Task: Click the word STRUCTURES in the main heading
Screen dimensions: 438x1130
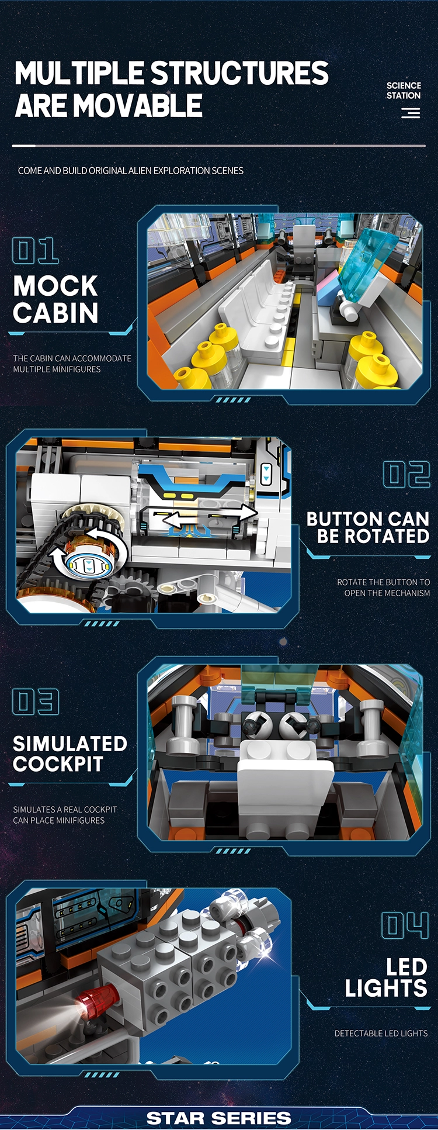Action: pyautogui.click(x=240, y=73)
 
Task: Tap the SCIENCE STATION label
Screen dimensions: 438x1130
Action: pyautogui.click(x=404, y=90)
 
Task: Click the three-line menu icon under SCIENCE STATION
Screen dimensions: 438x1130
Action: pyautogui.click(x=411, y=113)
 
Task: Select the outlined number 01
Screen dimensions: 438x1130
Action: pyautogui.click(x=35, y=251)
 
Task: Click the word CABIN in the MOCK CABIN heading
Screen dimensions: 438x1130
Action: pyautogui.click(x=55, y=313)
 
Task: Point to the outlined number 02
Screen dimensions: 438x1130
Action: pyautogui.click(x=406, y=474)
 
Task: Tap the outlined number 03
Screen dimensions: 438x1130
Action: pyautogui.click(x=36, y=702)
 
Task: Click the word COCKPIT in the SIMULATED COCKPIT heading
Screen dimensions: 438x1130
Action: pyautogui.click(x=58, y=764)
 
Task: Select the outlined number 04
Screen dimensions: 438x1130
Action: pyautogui.click(x=405, y=925)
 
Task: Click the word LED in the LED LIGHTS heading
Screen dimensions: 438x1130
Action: pyautogui.click(x=406, y=967)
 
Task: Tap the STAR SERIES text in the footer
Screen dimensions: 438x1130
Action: pyautogui.click(x=218, y=1118)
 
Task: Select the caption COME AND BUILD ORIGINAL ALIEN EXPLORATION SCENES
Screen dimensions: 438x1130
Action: pyautogui.click(x=131, y=171)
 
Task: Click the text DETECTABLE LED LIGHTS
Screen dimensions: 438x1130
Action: pyautogui.click(x=381, y=1034)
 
